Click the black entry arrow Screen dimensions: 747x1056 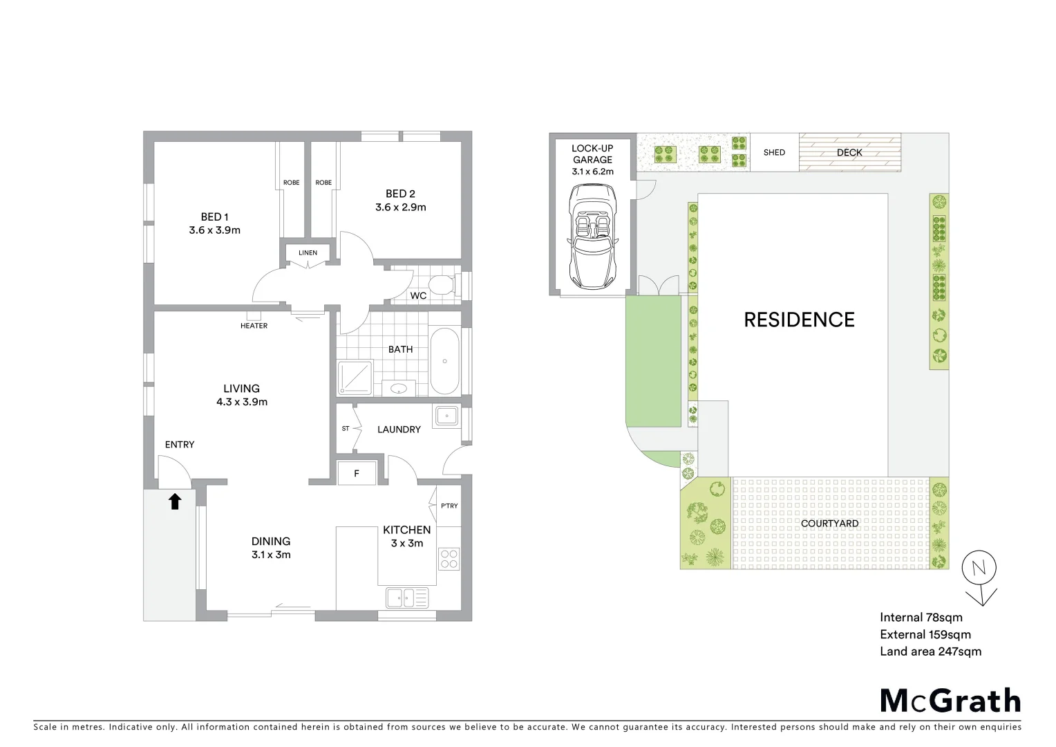click(175, 501)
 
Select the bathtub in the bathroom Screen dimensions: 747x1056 click(444, 362)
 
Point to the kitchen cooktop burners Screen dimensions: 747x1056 click(449, 558)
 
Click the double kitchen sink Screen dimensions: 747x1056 click(407, 597)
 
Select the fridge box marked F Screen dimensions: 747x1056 click(357, 474)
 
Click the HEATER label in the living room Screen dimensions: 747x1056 click(254, 326)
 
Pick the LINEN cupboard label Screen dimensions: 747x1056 click(308, 252)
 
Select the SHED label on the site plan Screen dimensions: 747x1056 click(774, 152)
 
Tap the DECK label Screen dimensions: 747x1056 click(849, 152)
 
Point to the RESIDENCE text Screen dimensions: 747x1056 click(799, 320)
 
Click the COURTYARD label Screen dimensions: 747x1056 click(829, 524)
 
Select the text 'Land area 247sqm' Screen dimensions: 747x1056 click(930, 651)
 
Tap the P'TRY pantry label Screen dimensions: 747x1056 click(449, 506)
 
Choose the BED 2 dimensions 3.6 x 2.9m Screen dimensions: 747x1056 click(400, 207)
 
